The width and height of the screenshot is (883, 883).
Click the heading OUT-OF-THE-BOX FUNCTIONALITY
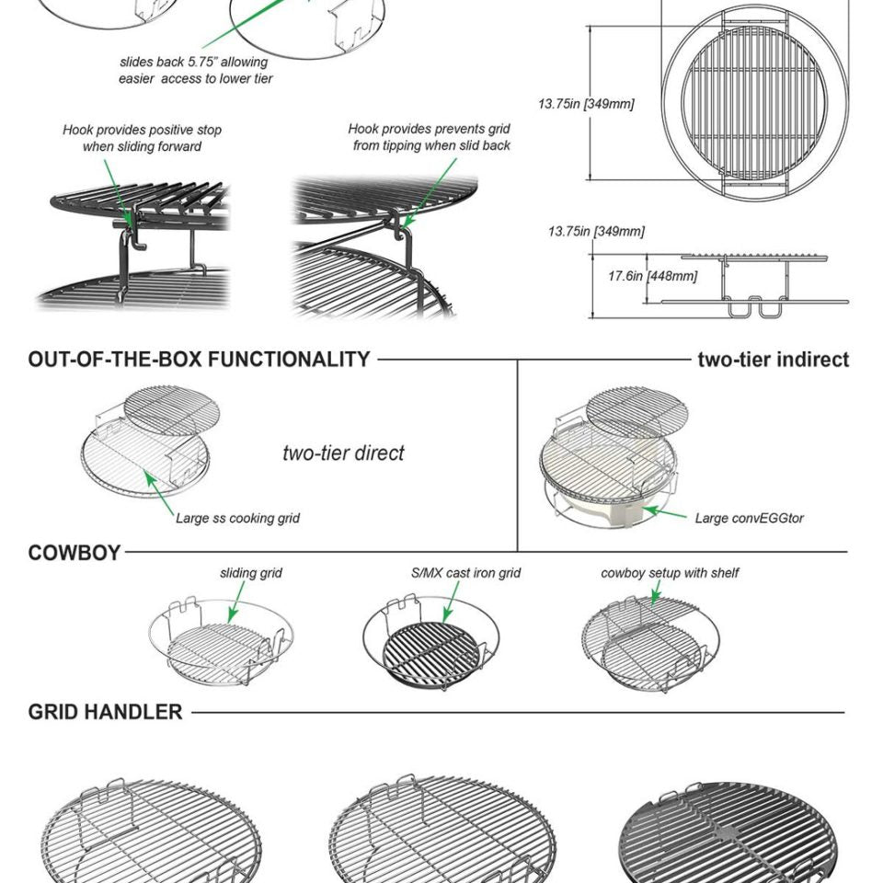click(199, 360)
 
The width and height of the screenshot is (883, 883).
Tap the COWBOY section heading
click(75, 553)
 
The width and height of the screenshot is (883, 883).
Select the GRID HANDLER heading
click(105, 712)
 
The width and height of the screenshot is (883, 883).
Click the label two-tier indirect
click(774, 360)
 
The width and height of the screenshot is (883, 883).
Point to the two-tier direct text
click(343, 453)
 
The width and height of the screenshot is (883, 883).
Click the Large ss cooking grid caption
click(237, 518)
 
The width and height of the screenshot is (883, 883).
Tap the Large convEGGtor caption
click(749, 518)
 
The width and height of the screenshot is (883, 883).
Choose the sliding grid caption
click(250, 573)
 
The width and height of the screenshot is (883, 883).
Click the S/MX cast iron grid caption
click(465, 573)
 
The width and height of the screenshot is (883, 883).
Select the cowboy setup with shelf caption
click(670, 573)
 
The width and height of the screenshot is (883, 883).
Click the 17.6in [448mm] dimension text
click(653, 276)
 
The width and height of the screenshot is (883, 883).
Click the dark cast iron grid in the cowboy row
click(432, 654)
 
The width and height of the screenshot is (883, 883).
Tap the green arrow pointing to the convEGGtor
click(665, 513)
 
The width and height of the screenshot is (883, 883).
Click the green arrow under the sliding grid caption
click(237, 602)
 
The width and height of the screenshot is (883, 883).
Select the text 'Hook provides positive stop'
click(142, 130)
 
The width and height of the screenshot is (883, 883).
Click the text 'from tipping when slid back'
click(431, 146)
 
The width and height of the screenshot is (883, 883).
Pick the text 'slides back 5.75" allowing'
click(194, 62)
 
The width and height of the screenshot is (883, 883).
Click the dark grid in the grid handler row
click(724, 832)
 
